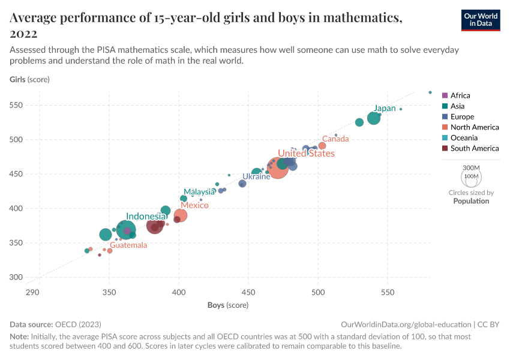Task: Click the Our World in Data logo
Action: coord(480,20)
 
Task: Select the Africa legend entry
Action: coord(460,95)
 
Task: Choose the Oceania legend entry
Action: coord(464,138)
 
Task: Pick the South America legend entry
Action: coord(474,148)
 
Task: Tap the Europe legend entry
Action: coord(462,117)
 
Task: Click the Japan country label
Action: coord(385,109)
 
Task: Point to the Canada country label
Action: coord(335,139)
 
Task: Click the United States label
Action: coord(305,154)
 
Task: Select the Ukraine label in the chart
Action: coord(256,177)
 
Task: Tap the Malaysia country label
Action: coord(199,192)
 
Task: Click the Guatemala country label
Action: coord(128,245)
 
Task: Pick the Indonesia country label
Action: coord(146,217)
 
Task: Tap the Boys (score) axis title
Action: coord(228,305)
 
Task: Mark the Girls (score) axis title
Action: coord(29,79)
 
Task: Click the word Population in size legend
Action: coord(471,201)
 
